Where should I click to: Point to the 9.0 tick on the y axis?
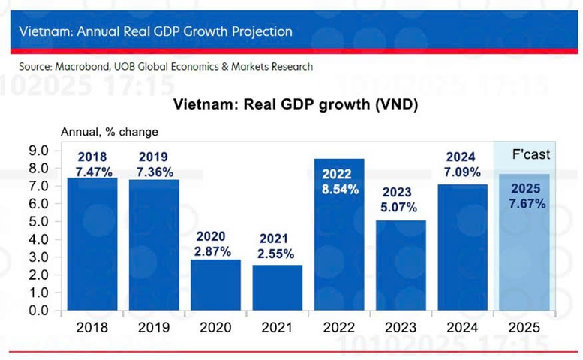(x=37, y=150)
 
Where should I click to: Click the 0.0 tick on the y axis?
(x=37, y=310)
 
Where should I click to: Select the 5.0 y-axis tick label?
(x=37, y=221)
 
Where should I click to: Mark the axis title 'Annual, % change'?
(x=110, y=132)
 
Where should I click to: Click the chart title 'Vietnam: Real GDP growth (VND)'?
(x=296, y=104)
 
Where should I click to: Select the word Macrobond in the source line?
(x=83, y=66)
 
